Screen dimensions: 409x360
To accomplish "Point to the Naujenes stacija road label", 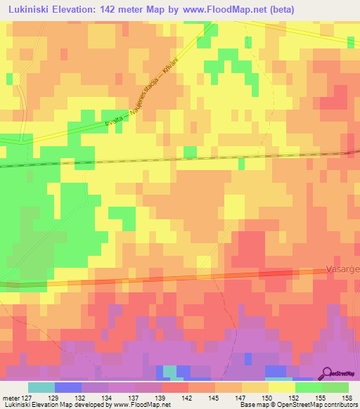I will (x=144, y=98).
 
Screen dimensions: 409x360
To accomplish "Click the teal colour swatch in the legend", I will (x=41, y=387).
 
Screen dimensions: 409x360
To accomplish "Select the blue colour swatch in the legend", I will (x=67, y=387).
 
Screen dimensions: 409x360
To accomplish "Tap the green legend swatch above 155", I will (x=308, y=387).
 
